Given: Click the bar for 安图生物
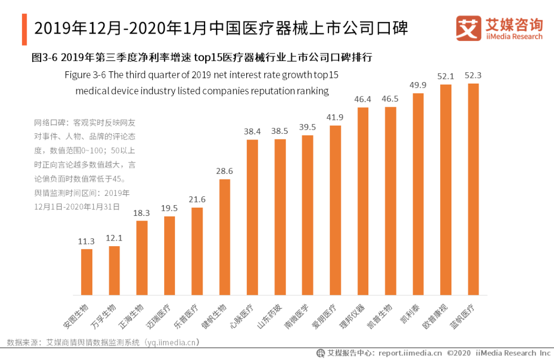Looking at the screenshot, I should pyautogui.click(x=87, y=272).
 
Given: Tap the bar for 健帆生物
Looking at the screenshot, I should pyautogui.click(x=225, y=237).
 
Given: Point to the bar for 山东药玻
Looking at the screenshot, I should pyautogui.click(x=280, y=217).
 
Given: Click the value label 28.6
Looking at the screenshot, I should pyautogui.click(x=225, y=171).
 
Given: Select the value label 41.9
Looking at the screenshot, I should pyautogui.click(x=335, y=117).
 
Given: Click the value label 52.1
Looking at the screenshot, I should pyautogui.click(x=446, y=76).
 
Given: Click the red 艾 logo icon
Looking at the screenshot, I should pyautogui.click(x=468, y=28).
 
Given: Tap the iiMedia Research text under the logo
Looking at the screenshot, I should pyautogui.click(x=513, y=36).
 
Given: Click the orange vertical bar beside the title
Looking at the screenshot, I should pyautogui.click(x=24, y=29).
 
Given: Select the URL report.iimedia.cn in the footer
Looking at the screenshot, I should pyautogui.click(x=410, y=353).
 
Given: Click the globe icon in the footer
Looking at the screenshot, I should pyautogui.click(x=321, y=353).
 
